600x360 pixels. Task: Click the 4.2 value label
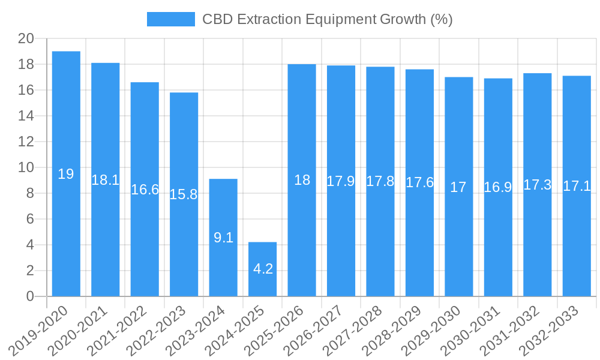tap(263, 269)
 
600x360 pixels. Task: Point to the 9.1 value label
tap(223, 238)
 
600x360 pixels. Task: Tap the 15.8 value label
tap(184, 194)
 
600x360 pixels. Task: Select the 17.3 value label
tap(537, 185)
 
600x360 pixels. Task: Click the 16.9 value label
tap(498, 187)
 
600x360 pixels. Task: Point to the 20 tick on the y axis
tap(26, 38)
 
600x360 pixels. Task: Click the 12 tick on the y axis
tap(26, 142)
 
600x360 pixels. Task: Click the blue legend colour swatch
tap(171, 19)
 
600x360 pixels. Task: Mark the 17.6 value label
tap(419, 182)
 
